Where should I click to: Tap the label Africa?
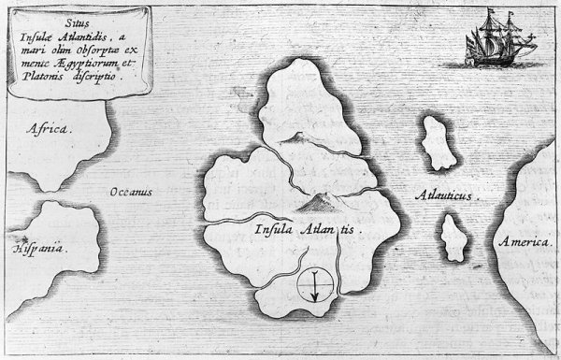tap(49, 132)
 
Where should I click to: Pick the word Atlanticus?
tap(443, 198)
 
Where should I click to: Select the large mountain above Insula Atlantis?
tap(317, 198)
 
